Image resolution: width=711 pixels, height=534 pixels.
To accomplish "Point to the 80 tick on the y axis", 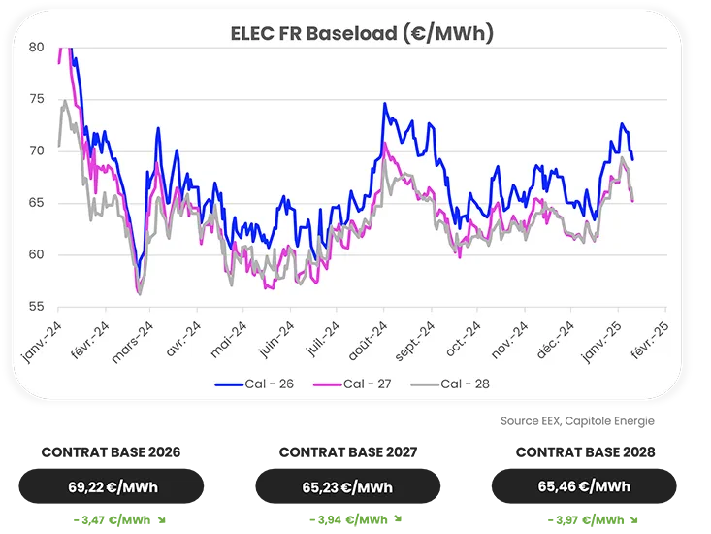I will click(36, 47).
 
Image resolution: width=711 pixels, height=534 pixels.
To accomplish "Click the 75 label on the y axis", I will click(36, 99).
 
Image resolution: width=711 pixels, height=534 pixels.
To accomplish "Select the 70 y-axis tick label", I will click(36, 150).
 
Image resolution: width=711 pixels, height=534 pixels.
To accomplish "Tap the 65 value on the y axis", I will click(36, 203).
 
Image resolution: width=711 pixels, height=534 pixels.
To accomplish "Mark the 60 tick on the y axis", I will click(36, 254).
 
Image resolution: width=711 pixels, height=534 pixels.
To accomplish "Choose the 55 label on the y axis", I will click(36, 307).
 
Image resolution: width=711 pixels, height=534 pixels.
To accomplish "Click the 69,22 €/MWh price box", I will click(113, 486).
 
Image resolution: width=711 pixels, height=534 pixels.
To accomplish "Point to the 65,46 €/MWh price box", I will click(584, 486).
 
